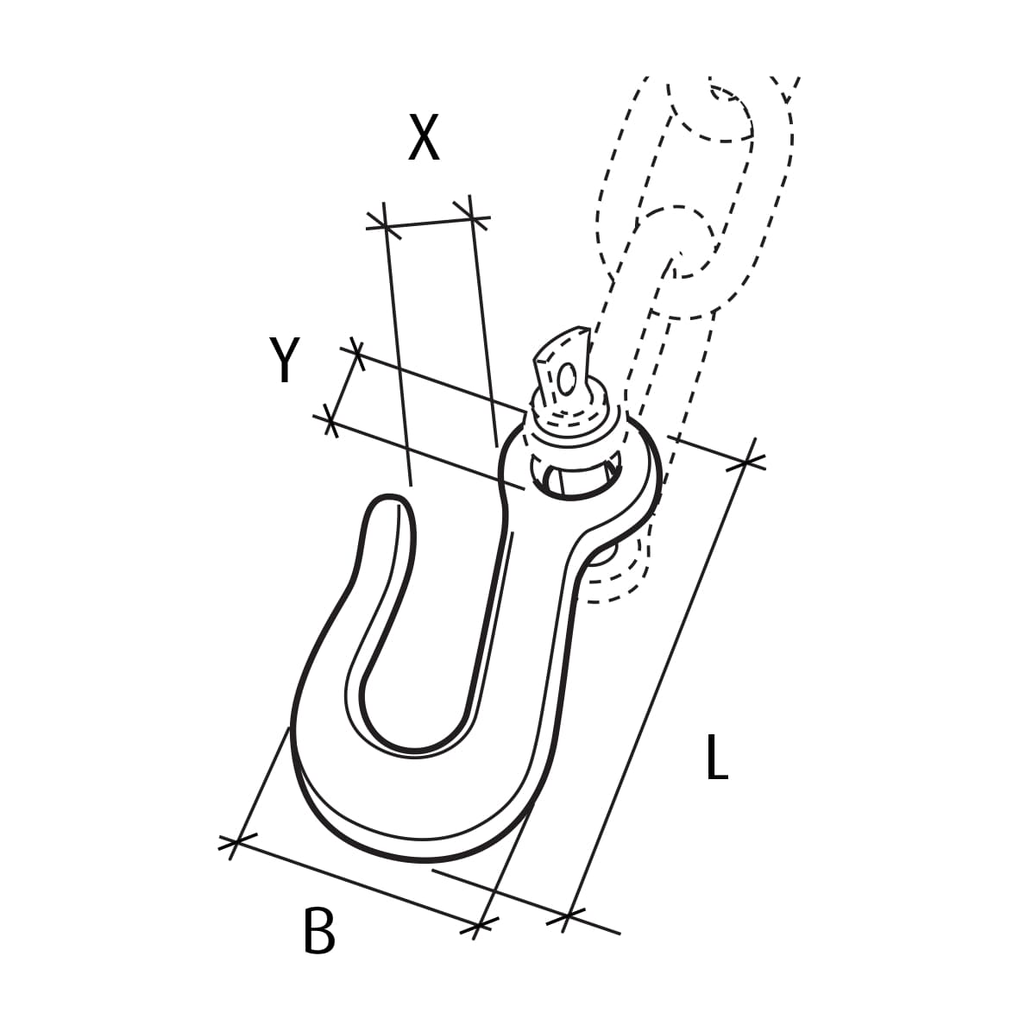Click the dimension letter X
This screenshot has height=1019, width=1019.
point(424,139)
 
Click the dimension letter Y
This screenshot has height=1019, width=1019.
point(284,360)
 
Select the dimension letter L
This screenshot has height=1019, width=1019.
point(716,758)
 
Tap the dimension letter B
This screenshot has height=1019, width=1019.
point(319,930)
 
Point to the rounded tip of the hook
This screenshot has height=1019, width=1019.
point(387,503)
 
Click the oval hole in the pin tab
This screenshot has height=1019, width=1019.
point(567,379)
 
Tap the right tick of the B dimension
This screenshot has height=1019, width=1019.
point(480,926)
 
